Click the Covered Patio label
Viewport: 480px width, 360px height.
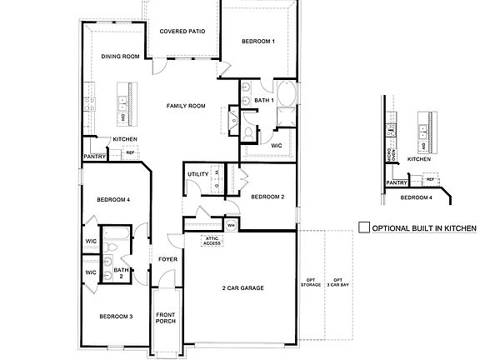click(182, 32)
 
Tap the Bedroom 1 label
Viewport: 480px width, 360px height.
click(258, 42)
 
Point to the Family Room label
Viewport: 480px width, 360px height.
click(186, 106)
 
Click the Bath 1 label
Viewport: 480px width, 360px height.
click(264, 100)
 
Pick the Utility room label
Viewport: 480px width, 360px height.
click(197, 174)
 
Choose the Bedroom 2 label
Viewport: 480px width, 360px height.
click(268, 197)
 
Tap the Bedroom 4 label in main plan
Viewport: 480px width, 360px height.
click(112, 200)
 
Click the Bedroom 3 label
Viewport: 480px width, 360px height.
click(116, 317)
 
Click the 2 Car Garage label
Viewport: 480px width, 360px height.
click(242, 288)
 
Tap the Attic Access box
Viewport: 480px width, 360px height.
click(212, 242)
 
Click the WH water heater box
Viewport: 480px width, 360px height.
click(231, 225)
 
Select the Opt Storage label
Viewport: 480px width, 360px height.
click(310, 283)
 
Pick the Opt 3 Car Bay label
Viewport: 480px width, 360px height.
click(337, 283)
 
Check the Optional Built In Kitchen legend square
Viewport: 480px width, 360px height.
click(363, 227)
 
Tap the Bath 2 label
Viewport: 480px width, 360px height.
click(122, 272)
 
